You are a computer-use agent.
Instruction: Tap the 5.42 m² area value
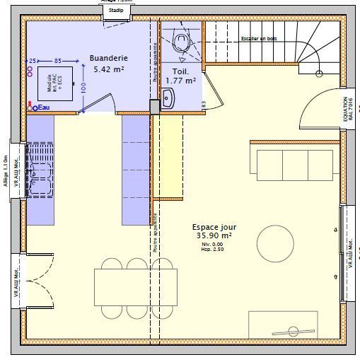109,70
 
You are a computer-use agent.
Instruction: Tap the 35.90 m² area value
214,235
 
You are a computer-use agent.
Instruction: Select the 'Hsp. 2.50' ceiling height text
212,249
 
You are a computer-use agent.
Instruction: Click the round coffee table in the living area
275,243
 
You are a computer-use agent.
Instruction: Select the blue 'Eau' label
44,107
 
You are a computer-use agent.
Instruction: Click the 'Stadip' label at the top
116,11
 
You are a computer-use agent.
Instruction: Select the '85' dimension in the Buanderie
58,61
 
